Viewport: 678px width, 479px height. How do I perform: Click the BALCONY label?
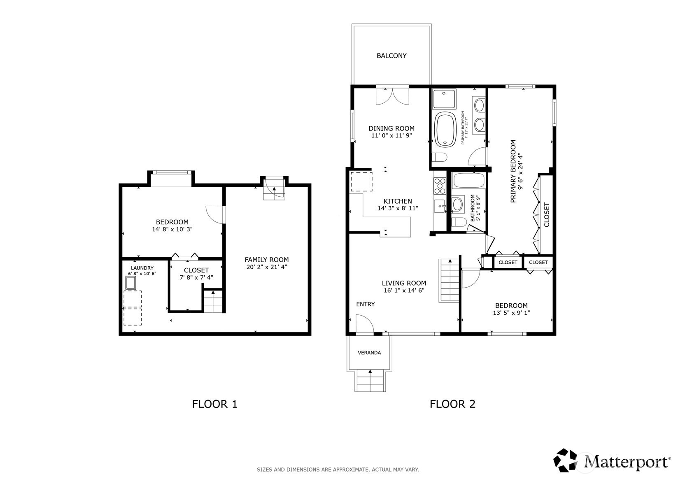391,56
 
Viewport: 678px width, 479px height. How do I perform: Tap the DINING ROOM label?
391,128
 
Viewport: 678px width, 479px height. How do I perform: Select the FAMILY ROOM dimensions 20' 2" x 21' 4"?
267,267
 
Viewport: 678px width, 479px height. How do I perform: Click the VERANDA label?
369,353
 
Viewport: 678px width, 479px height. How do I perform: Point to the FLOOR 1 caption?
214,404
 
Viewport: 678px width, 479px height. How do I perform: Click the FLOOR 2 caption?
452,404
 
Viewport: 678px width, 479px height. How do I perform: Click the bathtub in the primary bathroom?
445,130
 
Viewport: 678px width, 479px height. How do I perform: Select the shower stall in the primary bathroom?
444,99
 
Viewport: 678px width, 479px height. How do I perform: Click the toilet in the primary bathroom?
439,157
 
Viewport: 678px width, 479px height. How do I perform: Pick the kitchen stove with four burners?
440,186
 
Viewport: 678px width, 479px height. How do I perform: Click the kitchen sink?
439,206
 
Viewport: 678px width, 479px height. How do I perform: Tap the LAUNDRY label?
142,268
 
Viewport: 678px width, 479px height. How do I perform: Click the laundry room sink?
131,283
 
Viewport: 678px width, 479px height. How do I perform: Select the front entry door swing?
365,323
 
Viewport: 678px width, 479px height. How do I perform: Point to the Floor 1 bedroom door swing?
215,215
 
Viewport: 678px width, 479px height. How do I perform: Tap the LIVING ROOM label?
404,283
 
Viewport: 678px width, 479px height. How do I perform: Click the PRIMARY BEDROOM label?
513,171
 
